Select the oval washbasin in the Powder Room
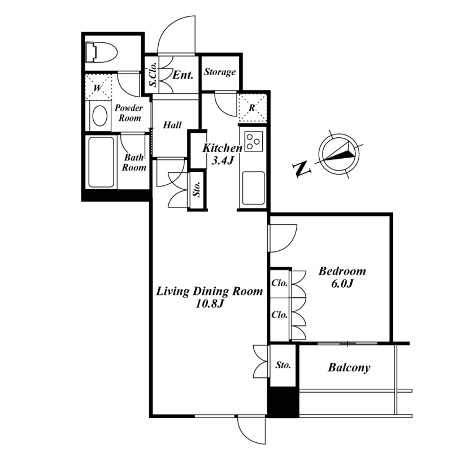[x=100, y=116]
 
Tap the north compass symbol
[x=338, y=152]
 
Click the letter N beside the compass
[x=302, y=168]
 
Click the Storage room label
[x=219, y=72]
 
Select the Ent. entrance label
[x=184, y=74]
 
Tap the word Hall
[x=172, y=125]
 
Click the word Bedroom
[x=342, y=271]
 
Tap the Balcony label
[x=349, y=368]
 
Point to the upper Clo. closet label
[x=280, y=284]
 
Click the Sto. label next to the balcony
[x=282, y=366]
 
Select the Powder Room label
[x=129, y=112]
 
